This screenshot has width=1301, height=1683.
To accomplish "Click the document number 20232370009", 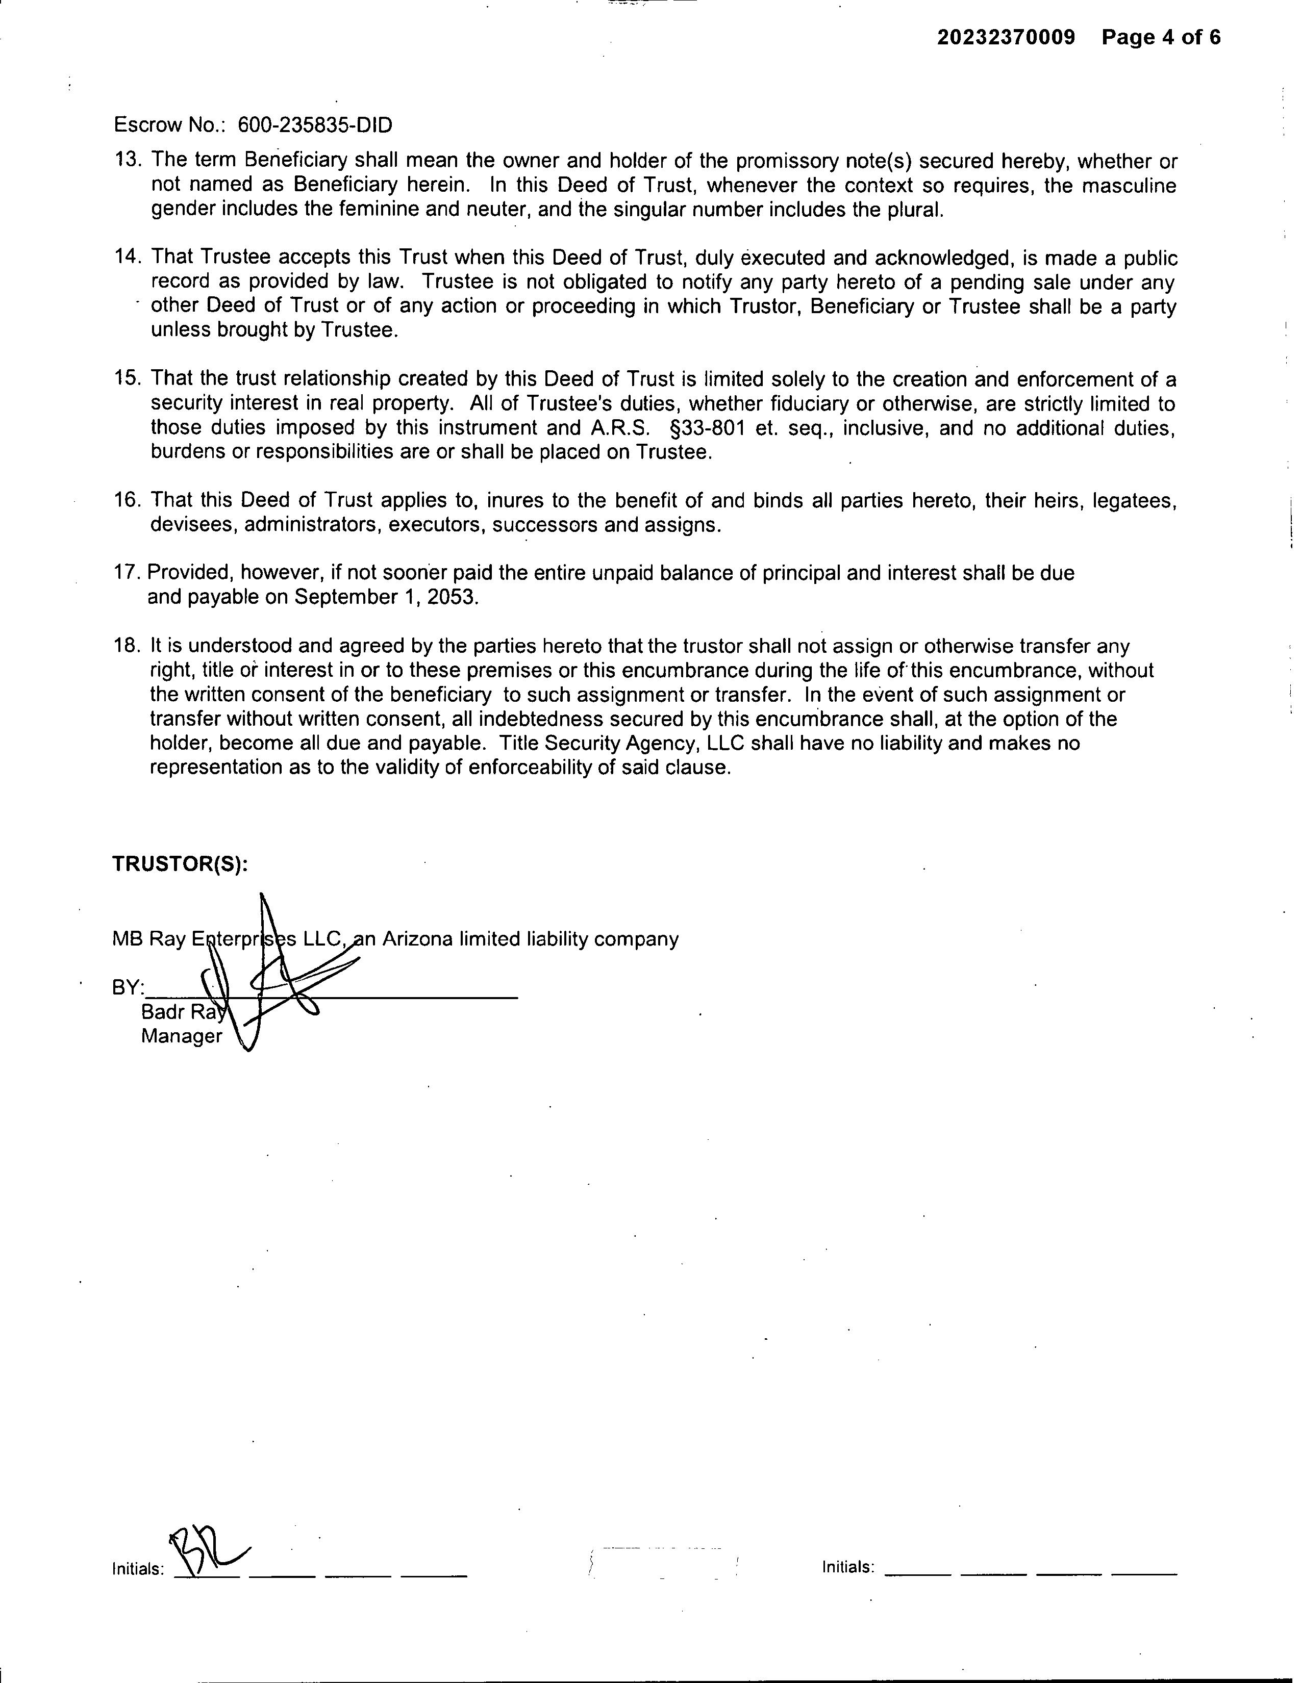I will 1006,38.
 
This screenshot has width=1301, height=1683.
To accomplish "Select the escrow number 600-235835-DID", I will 314,125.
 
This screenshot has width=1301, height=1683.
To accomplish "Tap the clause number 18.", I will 127,646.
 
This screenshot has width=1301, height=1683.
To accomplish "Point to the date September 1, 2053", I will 386,597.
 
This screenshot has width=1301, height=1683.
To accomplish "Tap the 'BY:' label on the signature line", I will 128,987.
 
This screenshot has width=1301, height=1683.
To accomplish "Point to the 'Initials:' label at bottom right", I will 848,1567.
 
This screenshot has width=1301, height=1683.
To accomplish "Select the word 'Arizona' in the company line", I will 417,939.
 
